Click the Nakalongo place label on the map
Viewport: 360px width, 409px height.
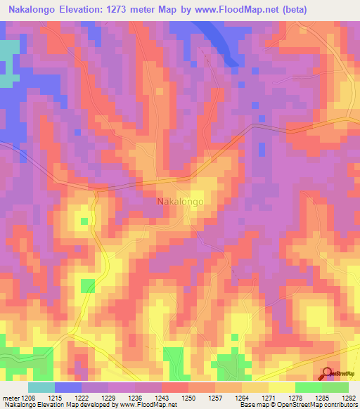tap(180, 202)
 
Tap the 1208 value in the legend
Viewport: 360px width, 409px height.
tap(29, 398)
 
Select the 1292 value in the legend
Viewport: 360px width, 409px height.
tap(349, 398)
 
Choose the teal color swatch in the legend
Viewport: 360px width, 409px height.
tap(41, 387)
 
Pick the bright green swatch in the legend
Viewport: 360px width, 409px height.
tap(309, 387)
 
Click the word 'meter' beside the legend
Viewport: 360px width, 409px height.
tap(11, 398)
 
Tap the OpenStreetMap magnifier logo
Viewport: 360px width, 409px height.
tap(328, 374)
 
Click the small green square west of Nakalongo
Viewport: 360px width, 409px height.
tap(84, 221)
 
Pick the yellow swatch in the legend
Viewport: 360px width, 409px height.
tap(282, 387)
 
